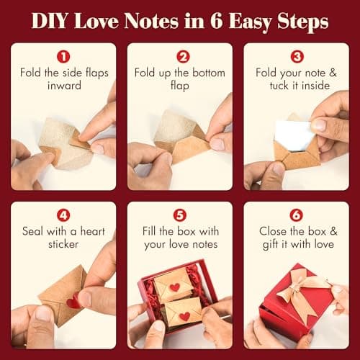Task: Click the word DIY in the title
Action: [x=52, y=22]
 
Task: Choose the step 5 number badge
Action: [x=179, y=215]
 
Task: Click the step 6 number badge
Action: [x=297, y=215]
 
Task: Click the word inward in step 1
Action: [x=63, y=85]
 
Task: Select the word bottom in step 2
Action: [x=200, y=72]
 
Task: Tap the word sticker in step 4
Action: [x=63, y=245]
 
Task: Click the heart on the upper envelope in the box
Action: [x=175, y=287]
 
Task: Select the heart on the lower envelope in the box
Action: [x=184, y=315]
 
